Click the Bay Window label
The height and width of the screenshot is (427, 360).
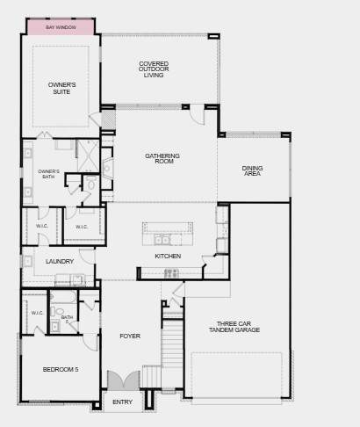pyautogui.click(x=61, y=27)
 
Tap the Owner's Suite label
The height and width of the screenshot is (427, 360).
pyautogui.click(x=61, y=88)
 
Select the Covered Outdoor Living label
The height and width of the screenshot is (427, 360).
pyautogui.click(x=154, y=69)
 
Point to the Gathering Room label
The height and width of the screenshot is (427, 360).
pyautogui.click(x=162, y=158)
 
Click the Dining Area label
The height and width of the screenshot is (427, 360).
pyautogui.click(x=252, y=170)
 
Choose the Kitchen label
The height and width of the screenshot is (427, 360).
pyautogui.click(x=168, y=257)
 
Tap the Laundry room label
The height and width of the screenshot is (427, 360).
pyautogui.click(x=60, y=261)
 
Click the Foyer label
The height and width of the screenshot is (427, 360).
pyautogui.click(x=130, y=336)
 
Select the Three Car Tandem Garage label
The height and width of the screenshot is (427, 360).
pyautogui.click(x=234, y=327)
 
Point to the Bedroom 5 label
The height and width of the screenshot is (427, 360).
pyautogui.click(x=61, y=370)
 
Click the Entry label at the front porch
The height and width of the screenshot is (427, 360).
pyautogui.click(x=122, y=402)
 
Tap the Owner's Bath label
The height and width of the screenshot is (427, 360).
pyautogui.click(x=49, y=174)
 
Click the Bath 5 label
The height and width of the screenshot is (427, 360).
pyautogui.click(x=67, y=319)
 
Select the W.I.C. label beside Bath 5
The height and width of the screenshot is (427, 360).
pyautogui.click(x=37, y=313)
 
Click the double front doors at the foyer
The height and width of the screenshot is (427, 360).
pyautogui.click(x=123, y=380)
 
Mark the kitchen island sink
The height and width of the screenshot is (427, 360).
pyautogui.click(x=162, y=240)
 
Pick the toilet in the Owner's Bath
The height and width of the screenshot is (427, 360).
pyautogui.click(x=91, y=184)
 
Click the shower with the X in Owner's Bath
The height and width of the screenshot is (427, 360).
pyautogui.click(x=88, y=156)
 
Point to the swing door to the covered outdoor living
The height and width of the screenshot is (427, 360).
pyautogui.click(x=197, y=114)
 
